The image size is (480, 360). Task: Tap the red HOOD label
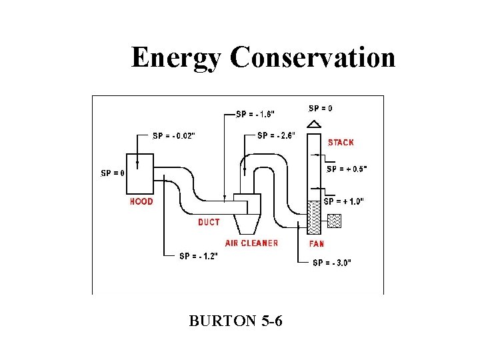click(141, 201)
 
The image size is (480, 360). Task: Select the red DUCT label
click(209, 222)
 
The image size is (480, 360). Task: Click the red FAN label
click(316, 244)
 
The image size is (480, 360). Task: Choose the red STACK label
click(341, 142)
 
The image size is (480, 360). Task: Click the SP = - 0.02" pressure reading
click(174, 135)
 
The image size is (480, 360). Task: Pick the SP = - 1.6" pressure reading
click(257, 113)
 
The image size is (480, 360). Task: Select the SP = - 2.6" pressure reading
click(279, 135)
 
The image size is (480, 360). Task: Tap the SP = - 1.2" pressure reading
click(199, 255)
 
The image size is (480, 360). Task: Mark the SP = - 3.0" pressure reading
click(332, 262)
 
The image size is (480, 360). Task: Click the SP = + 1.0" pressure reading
click(343, 201)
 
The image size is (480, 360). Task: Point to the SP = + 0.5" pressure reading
click(347, 169)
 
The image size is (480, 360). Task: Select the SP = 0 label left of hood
click(113, 173)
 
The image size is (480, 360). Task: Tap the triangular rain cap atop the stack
click(314, 123)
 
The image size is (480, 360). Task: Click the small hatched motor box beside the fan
click(334, 220)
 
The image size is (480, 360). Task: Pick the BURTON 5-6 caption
click(235, 321)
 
